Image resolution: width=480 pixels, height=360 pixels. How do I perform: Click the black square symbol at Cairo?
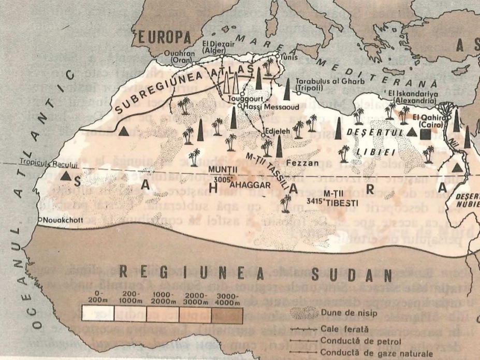click(x=426, y=134)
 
